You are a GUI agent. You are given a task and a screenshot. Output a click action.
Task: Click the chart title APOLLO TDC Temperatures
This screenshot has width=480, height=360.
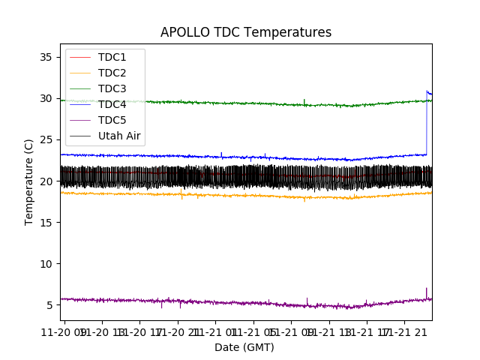point(246,32)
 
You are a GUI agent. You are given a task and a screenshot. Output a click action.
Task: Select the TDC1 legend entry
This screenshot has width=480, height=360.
point(112,57)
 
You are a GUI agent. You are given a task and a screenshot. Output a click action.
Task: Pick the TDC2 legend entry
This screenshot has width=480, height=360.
point(112,73)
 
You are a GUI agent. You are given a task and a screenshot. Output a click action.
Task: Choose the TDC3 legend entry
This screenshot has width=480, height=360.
point(112,88)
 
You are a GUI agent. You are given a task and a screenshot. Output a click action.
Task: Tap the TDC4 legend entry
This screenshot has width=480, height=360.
point(112,104)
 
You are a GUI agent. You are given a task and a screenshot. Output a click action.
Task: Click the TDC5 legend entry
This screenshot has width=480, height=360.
point(112,120)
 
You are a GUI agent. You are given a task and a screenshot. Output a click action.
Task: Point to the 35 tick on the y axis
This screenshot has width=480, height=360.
point(46,57)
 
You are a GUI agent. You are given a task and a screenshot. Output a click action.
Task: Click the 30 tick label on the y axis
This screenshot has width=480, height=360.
point(46,98)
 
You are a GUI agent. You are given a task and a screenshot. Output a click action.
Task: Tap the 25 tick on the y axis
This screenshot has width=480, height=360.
point(46,139)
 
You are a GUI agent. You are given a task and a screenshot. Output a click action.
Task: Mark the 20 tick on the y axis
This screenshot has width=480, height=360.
point(46,181)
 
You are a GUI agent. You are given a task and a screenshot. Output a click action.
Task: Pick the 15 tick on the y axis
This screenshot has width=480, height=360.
point(46,223)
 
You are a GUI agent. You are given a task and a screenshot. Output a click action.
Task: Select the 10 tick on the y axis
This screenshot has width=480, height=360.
point(46,264)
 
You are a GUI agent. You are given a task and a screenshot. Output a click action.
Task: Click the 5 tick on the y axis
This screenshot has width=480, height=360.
point(49,305)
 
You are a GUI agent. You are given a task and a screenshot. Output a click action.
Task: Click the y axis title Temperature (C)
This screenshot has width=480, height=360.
point(29,181)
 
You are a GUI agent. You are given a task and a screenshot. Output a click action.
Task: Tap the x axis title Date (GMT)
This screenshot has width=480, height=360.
point(244,347)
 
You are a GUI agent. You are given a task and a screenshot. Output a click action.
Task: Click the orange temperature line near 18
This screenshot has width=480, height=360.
point(225,195)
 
